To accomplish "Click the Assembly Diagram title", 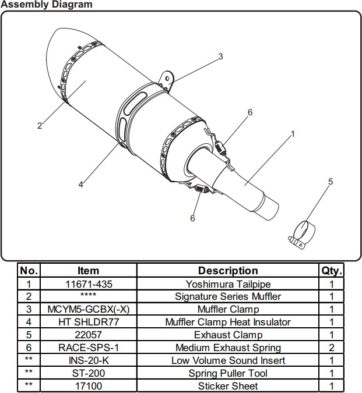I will point(47,5).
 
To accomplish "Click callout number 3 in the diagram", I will point(220,56).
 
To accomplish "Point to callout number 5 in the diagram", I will point(331,182).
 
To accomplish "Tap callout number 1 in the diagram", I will point(293,133).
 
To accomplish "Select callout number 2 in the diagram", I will point(40,126).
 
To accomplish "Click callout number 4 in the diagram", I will point(81,185).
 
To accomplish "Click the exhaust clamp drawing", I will point(300,233).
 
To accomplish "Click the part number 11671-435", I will point(88,284).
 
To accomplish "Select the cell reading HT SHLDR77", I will point(88,322).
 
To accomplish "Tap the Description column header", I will point(228,271).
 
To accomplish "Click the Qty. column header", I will point(332,271).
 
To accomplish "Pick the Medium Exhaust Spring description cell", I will point(228,348).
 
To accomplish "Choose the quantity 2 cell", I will point(332,348).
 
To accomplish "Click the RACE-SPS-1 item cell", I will point(88,348).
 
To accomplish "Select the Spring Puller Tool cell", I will point(228,373).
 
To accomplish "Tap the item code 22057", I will point(88,335).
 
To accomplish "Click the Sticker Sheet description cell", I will point(228,386).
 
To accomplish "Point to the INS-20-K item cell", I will point(88,360).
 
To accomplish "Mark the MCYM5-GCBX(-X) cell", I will point(88,309).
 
